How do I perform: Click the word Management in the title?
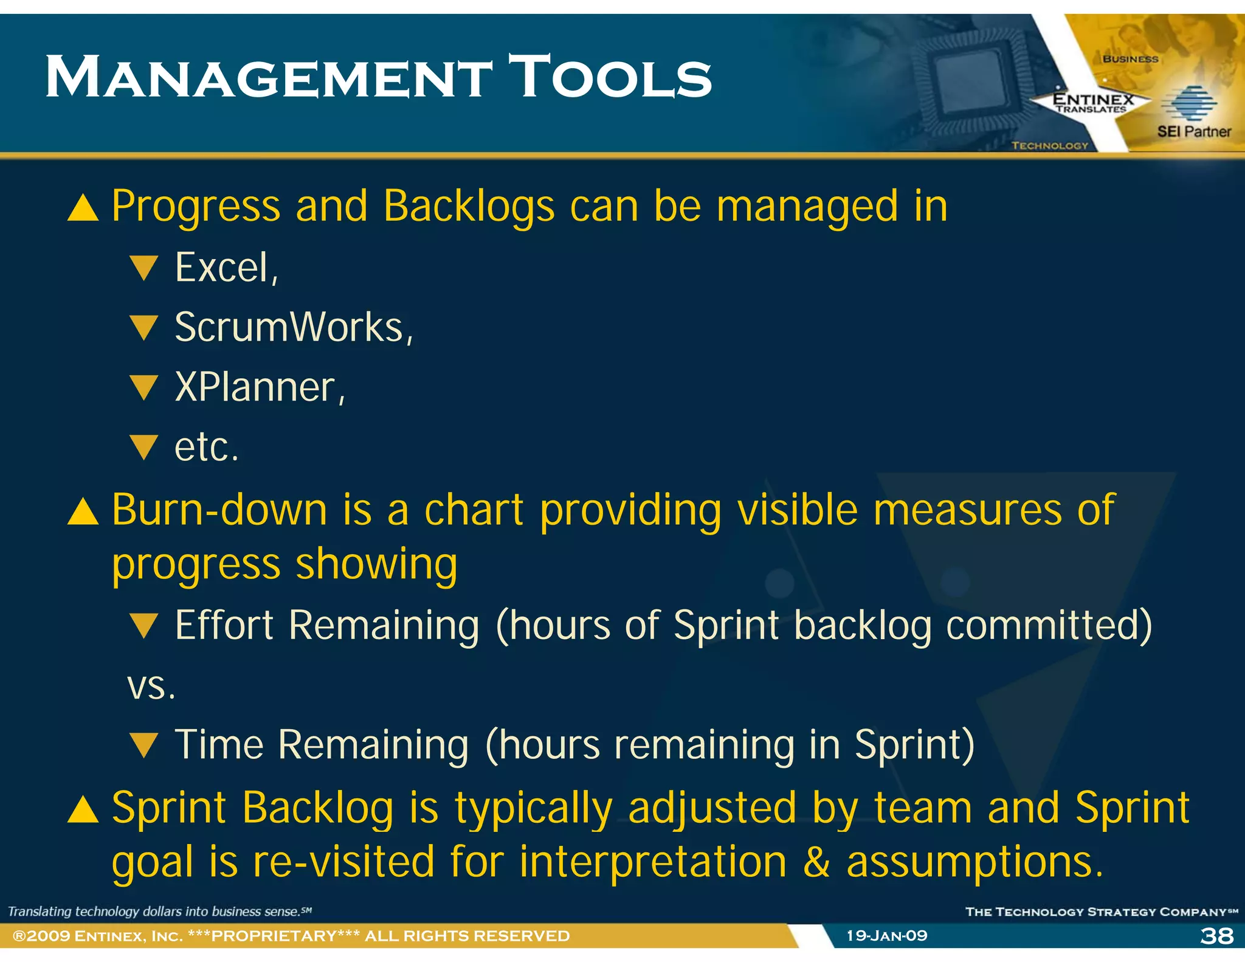click(267, 78)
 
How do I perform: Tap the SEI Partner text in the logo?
click(1193, 131)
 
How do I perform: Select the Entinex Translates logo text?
click(1092, 103)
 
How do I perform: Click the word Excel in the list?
click(222, 268)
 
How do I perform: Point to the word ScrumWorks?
click(289, 328)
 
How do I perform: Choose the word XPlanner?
click(255, 387)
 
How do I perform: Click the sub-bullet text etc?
click(206, 448)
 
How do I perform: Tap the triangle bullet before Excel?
click(144, 268)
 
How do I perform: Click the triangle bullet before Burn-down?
click(83, 511)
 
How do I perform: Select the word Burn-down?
click(219, 510)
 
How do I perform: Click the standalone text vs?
click(151, 687)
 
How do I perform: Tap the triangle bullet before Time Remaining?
click(144, 746)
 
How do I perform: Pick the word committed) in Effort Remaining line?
click(1049, 626)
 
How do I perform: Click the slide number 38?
click(1216, 936)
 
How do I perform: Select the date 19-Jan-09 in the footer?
click(887, 936)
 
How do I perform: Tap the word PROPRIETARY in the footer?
click(274, 936)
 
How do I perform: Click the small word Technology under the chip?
click(1050, 146)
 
